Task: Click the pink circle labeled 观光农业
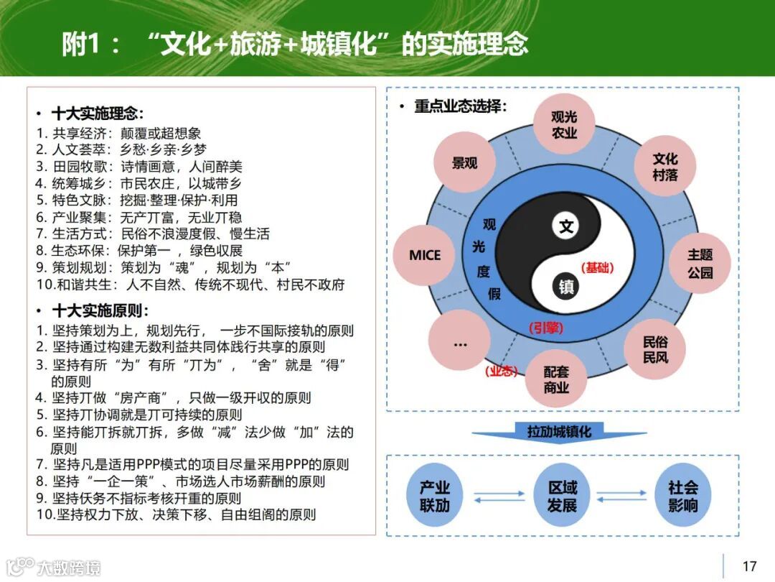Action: coord(565,124)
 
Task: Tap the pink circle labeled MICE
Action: coord(425,255)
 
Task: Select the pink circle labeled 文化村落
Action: coord(664,167)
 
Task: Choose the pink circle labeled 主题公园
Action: coord(700,264)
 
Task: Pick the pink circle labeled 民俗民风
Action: coord(654,349)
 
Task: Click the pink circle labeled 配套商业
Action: coord(556,379)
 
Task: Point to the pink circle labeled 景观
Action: coord(464,163)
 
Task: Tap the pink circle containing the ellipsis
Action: coord(460,343)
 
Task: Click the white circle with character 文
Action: coord(567,227)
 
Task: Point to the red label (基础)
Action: coord(597,267)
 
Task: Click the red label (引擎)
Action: coord(546,328)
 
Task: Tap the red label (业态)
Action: coord(501,371)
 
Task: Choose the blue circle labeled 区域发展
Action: coord(562,496)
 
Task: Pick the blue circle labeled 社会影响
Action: coord(682,496)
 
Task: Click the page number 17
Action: coord(749,566)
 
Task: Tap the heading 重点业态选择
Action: coord(460,106)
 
